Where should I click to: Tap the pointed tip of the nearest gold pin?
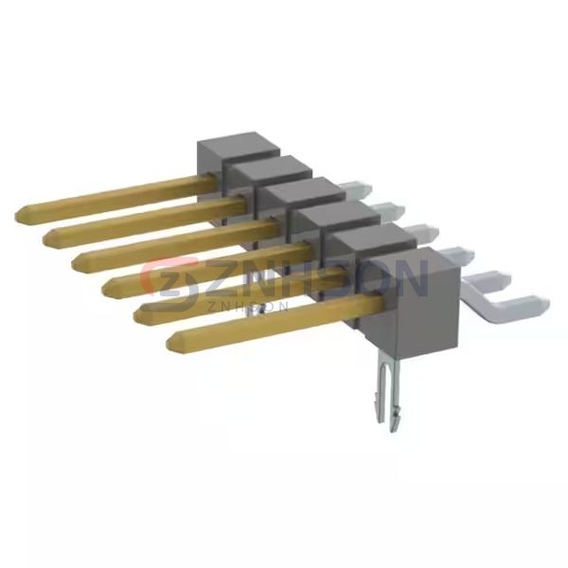[169, 341]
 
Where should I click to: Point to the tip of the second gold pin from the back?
[44, 238]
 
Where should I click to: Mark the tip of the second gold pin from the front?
[135, 316]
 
